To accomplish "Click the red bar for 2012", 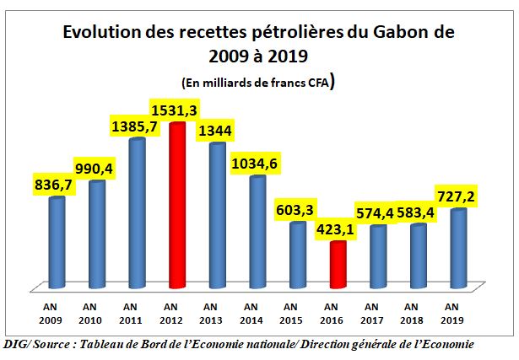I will point(177,207).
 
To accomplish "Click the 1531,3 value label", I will point(175,110).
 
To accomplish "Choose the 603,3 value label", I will point(297,209).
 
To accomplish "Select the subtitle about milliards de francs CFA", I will point(259,82).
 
